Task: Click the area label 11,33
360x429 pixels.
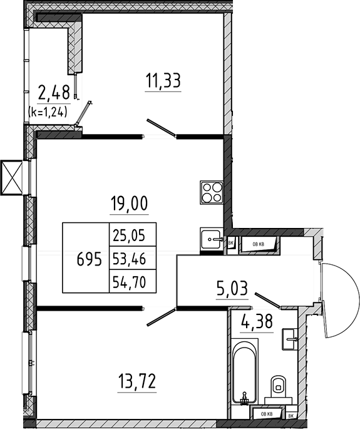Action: click(163, 80)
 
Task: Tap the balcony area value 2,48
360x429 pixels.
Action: click(54, 92)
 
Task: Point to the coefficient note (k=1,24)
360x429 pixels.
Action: click(48, 112)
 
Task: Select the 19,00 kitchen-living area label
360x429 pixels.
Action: click(129, 204)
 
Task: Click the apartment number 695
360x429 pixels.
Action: click(89, 259)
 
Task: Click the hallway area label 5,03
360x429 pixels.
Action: click(232, 289)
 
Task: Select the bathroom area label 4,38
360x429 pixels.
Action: click(257, 321)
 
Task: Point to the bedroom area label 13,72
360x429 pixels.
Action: click(136, 381)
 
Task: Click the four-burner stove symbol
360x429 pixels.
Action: click(212, 192)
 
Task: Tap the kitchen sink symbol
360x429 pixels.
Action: click(210, 239)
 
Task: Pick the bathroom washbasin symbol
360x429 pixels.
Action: click(290, 339)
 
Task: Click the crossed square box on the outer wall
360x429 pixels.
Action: click(11, 178)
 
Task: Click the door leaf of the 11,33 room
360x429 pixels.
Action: click(162, 128)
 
